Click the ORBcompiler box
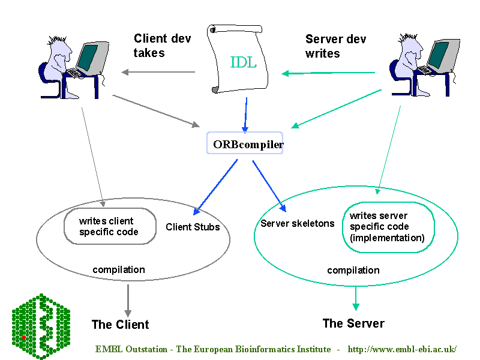coord(245,144)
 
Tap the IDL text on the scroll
coord(244,62)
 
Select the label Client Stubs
coord(193,227)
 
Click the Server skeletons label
coord(298,224)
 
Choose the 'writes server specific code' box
coord(387,227)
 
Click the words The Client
coord(120,325)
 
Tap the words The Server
coord(353,323)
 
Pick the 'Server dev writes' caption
coord(335,46)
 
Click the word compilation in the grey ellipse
coord(119,269)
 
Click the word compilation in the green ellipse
coord(353,271)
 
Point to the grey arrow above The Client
coord(127,299)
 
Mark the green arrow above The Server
coord(356,297)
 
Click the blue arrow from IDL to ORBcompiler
coord(245,114)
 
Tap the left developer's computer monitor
coord(88,57)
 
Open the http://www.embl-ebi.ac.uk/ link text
coord(402,349)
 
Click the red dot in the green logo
coord(24,337)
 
